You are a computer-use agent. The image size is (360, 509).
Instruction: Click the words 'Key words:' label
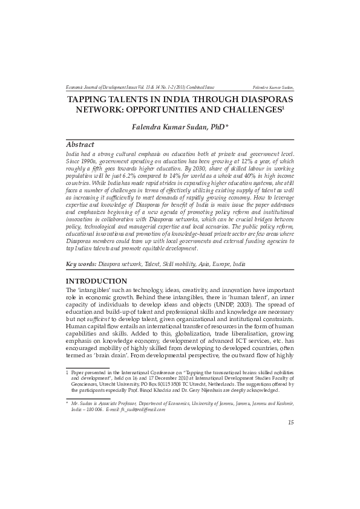pyautogui.click(x=80, y=264)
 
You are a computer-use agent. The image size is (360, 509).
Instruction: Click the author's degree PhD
pyautogui.click(x=216, y=128)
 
